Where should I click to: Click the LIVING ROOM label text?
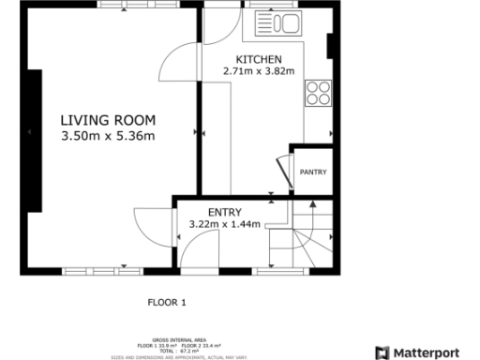coord(108,120)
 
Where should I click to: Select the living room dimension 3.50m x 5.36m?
coord(108,137)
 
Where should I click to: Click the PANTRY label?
coord(312,172)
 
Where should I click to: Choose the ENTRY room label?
coord(225,212)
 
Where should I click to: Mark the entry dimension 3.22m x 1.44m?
coord(225,225)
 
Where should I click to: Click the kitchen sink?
coord(281,24)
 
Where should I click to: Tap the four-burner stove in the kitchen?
coord(318,92)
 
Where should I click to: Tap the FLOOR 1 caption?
coord(168,302)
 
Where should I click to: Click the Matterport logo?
coord(417,352)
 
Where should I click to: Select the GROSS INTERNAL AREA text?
coord(166,340)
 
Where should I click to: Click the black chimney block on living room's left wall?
coord(34,142)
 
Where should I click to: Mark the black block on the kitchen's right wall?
coord(329,45)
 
